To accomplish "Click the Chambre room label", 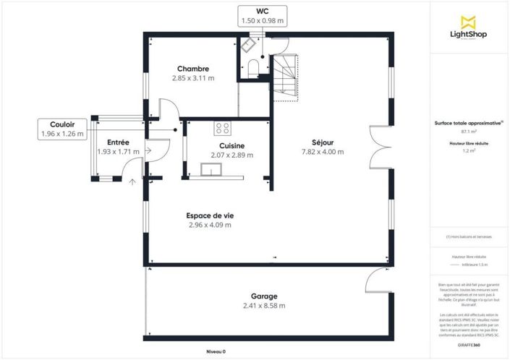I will pyautogui.click(x=192, y=69).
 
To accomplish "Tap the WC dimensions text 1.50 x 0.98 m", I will pyautogui.click(x=262, y=22).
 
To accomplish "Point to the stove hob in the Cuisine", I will pyautogui.click(x=222, y=129).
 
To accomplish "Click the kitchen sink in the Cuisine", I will pyautogui.click(x=213, y=170).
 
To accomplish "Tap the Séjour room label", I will pyautogui.click(x=322, y=142).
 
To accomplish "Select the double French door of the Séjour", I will pyautogui.click(x=377, y=147).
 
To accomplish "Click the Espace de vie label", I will pyautogui.click(x=209, y=215).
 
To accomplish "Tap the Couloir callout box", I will pyautogui.click(x=62, y=129).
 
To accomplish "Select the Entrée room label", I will pyautogui.click(x=118, y=142).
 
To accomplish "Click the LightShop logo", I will pyautogui.click(x=468, y=28).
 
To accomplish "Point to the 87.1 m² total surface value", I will pyautogui.click(x=468, y=132).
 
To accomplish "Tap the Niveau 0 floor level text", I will pyautogui.click(x=216, y=351).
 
